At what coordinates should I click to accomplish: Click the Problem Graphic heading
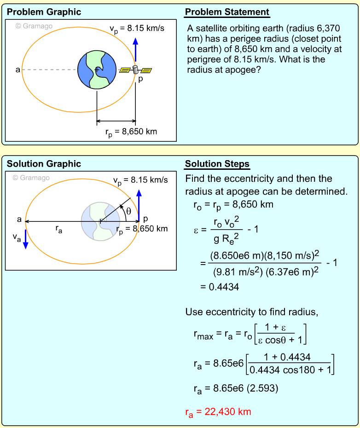click(44, 12)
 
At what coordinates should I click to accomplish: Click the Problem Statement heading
click(227, 12)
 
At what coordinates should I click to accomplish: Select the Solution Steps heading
click(217, 164)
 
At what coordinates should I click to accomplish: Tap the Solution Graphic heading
click(44, 164)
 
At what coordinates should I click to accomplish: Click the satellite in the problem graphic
click(136, 70)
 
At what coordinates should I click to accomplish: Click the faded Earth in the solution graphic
click(100, 221)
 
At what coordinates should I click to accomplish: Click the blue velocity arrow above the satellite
click(135, 50)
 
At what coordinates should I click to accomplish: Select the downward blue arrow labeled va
click(26, 239)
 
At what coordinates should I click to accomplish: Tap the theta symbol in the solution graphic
click(129, 212)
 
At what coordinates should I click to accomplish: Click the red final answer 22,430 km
click(218, 412)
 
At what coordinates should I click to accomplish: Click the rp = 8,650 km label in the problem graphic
click(131, 132)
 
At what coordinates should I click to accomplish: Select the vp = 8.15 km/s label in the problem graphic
click(137, 29)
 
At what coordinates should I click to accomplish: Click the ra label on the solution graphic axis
click(58, 230)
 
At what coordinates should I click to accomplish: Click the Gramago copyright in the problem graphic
click(34, 26)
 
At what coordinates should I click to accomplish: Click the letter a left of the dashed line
click(17, 70)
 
